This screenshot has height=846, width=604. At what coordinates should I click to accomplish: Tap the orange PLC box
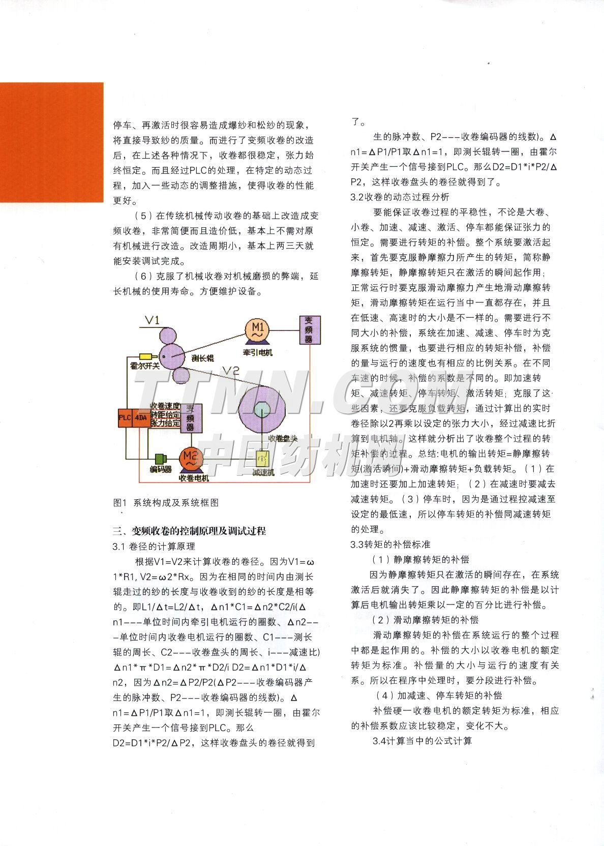[125, 418]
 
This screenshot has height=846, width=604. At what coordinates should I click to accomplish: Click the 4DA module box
[140, 418]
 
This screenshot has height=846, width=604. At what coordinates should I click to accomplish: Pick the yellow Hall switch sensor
[147, 356]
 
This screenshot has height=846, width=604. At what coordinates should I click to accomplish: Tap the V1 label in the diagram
[152, 320]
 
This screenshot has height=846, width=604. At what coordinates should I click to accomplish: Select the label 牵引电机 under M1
[256, 352]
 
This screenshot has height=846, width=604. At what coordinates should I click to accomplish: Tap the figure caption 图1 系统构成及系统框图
[166, 502]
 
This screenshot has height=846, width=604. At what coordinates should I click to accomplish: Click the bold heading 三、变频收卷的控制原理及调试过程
[189, 531]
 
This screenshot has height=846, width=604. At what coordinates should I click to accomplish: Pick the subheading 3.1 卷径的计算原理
[154, 547]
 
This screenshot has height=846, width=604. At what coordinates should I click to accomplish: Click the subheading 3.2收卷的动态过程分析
[400, 197]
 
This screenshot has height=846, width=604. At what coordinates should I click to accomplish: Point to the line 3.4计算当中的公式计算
[422, 741]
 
